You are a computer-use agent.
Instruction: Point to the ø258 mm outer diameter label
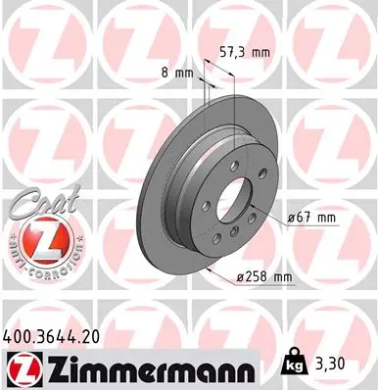pos(265,277)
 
